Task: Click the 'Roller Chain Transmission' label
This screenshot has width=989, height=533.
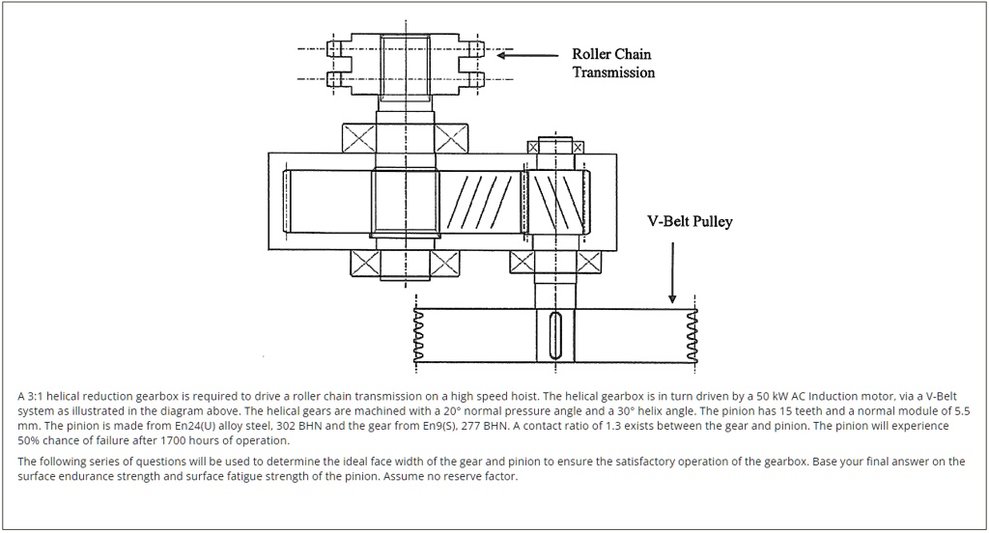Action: tap(612, 64)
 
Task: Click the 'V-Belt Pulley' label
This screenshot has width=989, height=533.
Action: tap(690, 221)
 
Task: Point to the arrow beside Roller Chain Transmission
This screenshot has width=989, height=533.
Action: tap(527, 55)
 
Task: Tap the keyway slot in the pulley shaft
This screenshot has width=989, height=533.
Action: tap(554, 335)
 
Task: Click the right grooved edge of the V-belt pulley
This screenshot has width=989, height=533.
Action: tap(691, 336)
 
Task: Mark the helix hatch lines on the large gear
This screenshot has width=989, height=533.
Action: tap(474, 205)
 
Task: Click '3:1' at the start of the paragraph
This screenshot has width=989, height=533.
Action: tap(37, 397)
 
